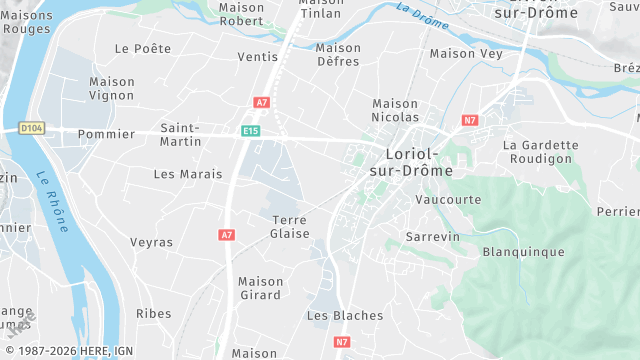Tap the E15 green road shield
pyautogui.click(x=250, y=130)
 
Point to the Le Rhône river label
pyautogui.click(x=51, y=201)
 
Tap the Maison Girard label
pyautogui.click(x=260, y=288)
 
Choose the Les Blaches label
pyautogui.click(x=344, y=315)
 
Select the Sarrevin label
pyautogui.click(x=432, y=236)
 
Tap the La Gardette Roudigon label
pyautogui.click(x=540, y=151)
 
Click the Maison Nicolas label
pyautogui.click(x=395, y=110)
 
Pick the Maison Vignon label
pyautogui.click(x=111, y=88)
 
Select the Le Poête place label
pyautogui.click(x=143, y=48)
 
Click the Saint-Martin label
pyautogui.click(x=180, y=134)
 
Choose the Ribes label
pyautogui.click(x=154, y=313)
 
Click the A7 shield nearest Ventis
pyautogui.click(x=262, y=102)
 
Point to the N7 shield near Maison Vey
pyautogui.click(x=469, y=120)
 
